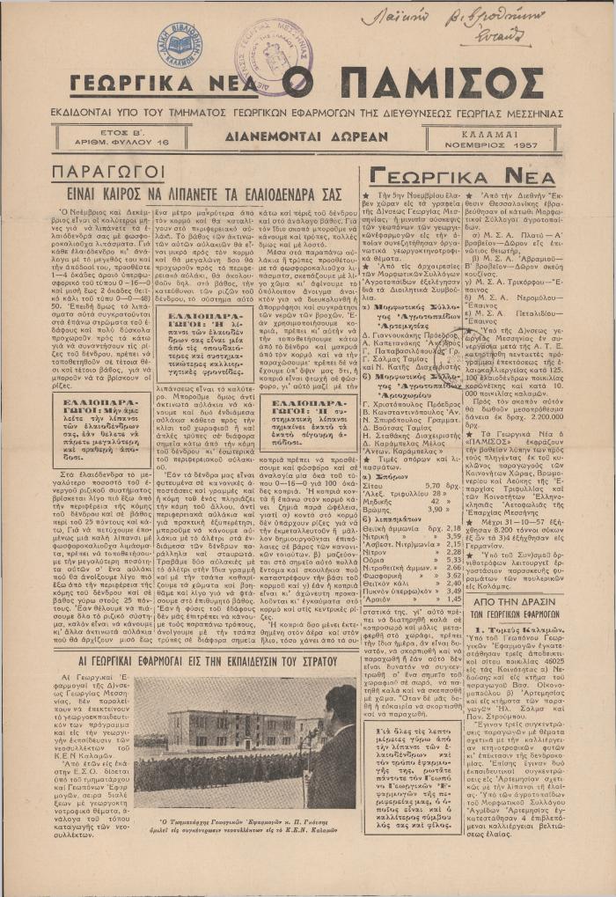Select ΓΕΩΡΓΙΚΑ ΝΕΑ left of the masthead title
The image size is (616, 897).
point(167,86)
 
